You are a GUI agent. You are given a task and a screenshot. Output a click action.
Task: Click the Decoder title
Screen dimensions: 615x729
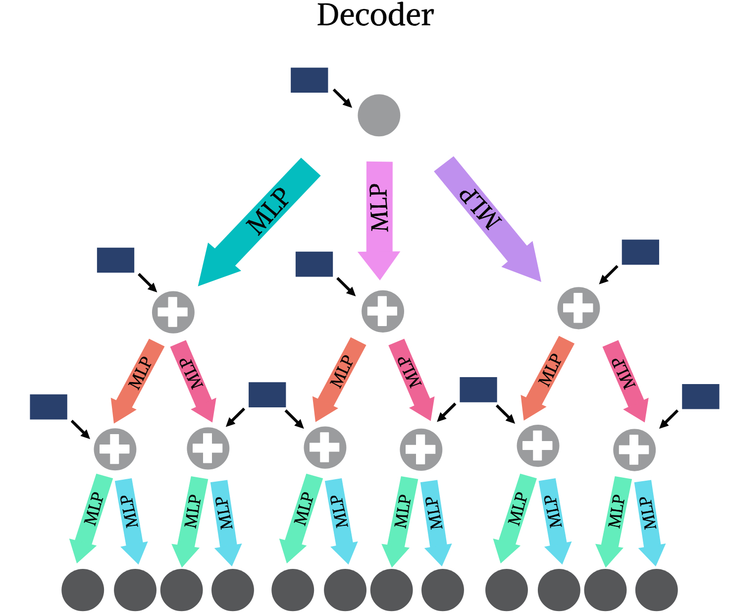[x=375, y=16]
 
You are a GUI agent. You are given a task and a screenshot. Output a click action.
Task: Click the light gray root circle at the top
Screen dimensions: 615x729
[x=379, y=115]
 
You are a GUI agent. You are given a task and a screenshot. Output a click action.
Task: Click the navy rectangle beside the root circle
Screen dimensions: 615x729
[x=309, y=80]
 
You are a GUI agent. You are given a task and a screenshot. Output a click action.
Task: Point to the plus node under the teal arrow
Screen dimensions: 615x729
[x=173, y=312]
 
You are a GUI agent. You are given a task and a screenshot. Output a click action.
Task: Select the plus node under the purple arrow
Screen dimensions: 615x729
[x=578, y=308]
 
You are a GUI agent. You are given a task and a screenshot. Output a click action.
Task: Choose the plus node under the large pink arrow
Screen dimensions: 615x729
[x=382, y=311]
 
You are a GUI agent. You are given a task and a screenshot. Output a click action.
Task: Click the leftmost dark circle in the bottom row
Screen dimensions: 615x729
[x=83, y=590]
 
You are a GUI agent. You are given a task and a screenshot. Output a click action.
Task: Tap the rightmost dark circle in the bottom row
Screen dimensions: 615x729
[x=656, y=590]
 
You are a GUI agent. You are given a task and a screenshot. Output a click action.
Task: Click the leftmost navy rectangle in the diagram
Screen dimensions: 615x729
[x=49, y=407]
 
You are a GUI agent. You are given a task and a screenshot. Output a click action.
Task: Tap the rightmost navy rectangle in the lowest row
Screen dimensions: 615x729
[x=700, y=396]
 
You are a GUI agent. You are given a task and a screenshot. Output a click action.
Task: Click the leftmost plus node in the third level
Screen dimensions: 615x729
[x=115, y=449]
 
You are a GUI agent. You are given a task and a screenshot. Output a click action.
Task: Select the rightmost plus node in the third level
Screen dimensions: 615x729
[x=634, y=449]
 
